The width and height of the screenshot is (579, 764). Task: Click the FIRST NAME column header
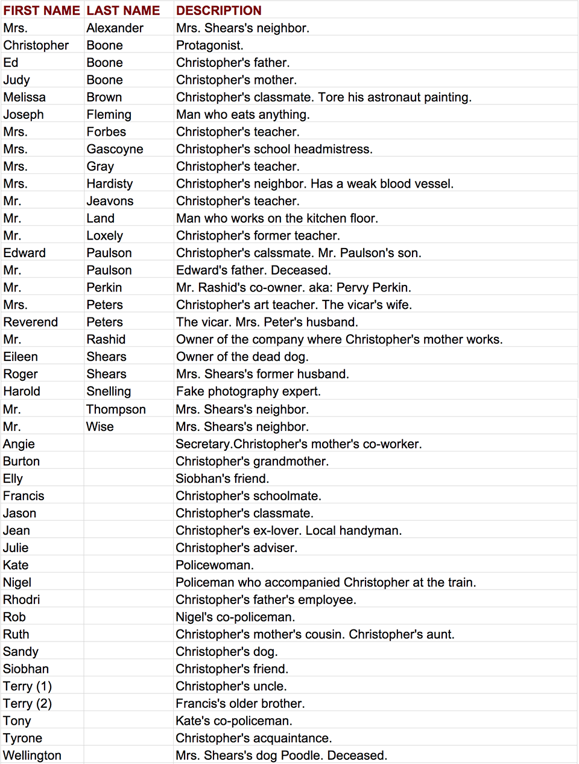(x=42, y=10)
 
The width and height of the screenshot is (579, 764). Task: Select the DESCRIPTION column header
(x=219, y=10)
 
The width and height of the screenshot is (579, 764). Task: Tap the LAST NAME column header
(x=124, y=10)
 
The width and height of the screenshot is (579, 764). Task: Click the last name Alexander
(x=115, y=28)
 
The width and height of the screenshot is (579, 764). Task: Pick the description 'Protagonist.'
(x=210, y=45)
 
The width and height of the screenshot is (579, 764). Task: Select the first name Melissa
(x=24, y=97)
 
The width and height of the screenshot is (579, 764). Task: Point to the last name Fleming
(x=109, y=115)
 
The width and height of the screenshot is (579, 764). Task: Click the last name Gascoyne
(x=115, y=149)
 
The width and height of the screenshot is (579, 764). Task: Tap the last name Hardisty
(x=110, y=184)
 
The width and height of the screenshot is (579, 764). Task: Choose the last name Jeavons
(x=110, y=201)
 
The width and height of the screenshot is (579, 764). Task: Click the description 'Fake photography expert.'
(x=248, y=392)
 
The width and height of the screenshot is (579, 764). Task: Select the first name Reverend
(x=31, y=322)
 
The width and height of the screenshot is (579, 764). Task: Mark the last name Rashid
(x=106, y=340)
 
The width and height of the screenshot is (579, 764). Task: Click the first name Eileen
(x=21, y=357)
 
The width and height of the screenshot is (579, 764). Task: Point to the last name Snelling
(x=109, y=392)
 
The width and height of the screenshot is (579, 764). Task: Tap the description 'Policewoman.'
(x=215, y=565)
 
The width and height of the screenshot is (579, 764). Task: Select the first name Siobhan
(x=26, y=669)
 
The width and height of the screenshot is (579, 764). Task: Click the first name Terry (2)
(x=27, y=704)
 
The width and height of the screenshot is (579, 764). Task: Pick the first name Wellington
(x=32, y=756)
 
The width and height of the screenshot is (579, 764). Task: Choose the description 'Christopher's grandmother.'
(x=252, y=462)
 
